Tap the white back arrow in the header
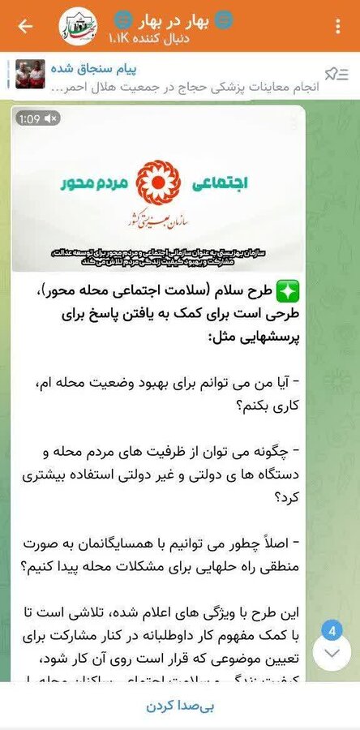coord(24,26)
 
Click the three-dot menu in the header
coord(337,26)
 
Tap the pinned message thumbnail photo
coord(30,74)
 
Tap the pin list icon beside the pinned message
coord(331,75)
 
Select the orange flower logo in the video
coord(158,182)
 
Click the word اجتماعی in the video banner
coord(221,183)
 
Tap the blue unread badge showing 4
coord(331,630)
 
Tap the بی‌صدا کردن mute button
coord(179,706)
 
